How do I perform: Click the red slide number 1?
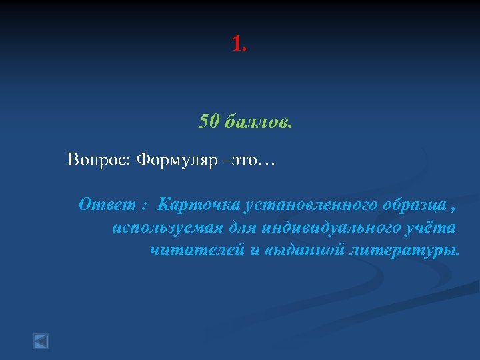click(238, 44)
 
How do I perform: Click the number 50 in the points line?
click(209, 122)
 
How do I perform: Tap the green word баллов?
click(258, 122)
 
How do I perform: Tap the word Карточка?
click(192, 204)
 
